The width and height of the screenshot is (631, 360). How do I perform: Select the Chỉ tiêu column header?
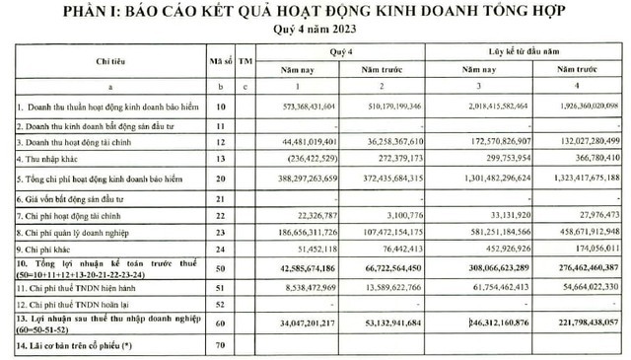coord(115,60)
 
